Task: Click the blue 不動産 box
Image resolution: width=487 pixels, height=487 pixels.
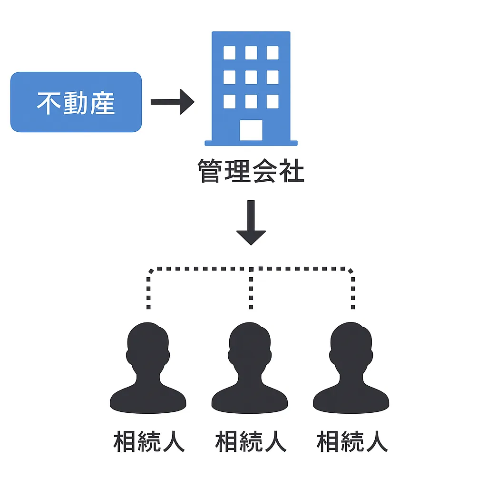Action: [x=76, y=102]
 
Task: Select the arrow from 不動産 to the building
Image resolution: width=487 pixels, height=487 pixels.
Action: [x=172, y=102]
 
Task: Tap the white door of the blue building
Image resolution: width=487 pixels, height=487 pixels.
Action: [x=251, y=130]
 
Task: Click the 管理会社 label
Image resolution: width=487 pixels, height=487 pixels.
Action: [x=251, y=172]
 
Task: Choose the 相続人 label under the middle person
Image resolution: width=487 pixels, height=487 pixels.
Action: [x=251, y=441]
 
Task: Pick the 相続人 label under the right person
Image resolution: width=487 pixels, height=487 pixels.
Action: [x=352, y=441]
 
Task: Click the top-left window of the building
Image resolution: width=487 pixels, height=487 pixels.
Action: [x=229, y=53]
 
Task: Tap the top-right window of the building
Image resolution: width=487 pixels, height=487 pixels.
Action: [x=273, y=53]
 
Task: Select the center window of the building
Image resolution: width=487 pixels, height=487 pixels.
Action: [x=251, y=77]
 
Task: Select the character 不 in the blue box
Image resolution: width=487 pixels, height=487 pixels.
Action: [x=49, y=103]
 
